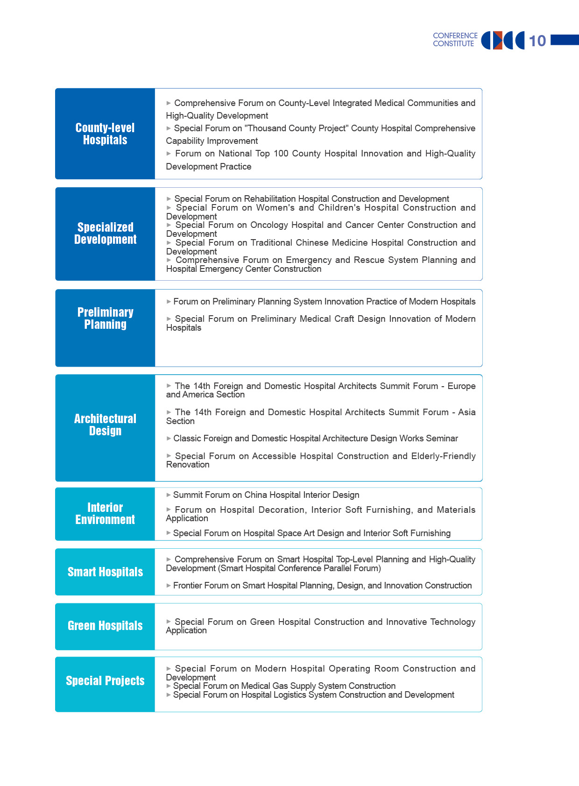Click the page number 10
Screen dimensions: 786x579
537,41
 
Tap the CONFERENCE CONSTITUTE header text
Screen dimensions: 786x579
455,40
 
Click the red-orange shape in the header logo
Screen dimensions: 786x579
498,41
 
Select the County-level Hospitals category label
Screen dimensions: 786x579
105,134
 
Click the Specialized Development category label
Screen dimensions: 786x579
105,234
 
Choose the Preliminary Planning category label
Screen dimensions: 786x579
105,319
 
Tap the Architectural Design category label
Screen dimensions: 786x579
105,425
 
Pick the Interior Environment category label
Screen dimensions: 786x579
105,514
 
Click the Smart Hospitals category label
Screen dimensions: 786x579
105,572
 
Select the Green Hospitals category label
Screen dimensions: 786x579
105,626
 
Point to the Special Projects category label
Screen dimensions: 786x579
105,681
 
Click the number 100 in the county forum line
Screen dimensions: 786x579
281,154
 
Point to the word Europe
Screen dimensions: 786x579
461,386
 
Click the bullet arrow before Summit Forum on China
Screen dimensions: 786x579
169,495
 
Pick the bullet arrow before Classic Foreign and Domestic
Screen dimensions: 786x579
169,439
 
